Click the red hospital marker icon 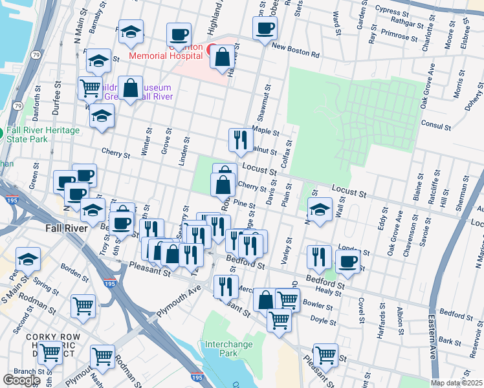click(212, 48)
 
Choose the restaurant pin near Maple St click(240, 140)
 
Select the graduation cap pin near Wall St click(319, 210)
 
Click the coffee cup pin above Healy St click(347, 261)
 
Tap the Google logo click(21, 380)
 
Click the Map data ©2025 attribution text click(456, 383)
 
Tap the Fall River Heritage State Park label click(44, 135)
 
